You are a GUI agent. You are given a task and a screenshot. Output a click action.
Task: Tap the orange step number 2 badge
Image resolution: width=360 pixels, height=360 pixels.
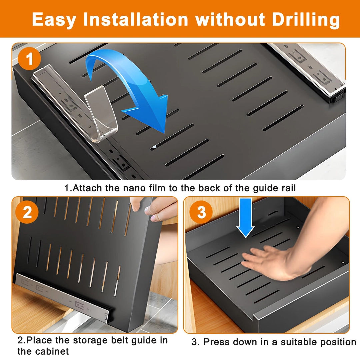(27, 212)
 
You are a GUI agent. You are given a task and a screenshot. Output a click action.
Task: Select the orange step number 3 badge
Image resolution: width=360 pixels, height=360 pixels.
(201, 212)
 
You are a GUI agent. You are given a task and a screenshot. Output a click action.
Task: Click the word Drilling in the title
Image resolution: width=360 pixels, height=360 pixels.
(306, 20)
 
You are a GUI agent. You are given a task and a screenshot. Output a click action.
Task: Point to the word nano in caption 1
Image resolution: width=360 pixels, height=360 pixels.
(135, 188)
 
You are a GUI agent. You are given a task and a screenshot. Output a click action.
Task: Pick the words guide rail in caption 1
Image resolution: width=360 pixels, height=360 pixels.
(274, 189)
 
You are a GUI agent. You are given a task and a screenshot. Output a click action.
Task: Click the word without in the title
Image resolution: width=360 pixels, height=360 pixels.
(230, 19)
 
